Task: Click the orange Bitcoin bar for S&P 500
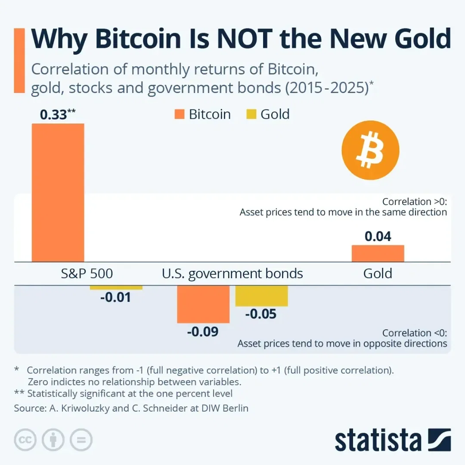click(58, 192)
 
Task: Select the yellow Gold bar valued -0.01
click(116, 288)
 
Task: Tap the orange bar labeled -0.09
click(203, 304)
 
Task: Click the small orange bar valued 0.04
click(378, 254)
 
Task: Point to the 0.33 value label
click(53, 115)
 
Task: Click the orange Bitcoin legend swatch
click(180, 115)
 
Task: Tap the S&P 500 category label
click(87, 274)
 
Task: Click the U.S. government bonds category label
click(232, 274)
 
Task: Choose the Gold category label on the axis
click(378, 274)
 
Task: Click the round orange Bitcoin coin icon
click(370, 150)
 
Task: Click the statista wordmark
click(378, 440)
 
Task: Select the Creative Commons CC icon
click(25, 440)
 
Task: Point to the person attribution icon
click(53, 440)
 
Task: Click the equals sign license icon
click(81, 440)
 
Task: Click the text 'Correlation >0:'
click(415, 201)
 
